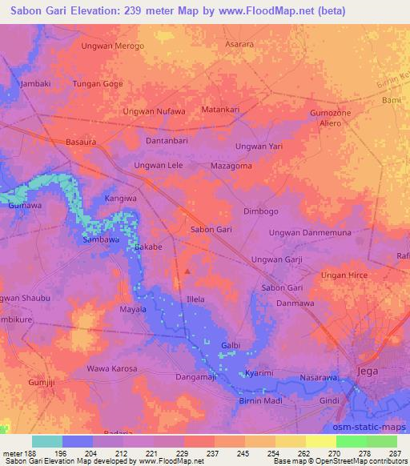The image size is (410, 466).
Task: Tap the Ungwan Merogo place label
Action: point(113,46)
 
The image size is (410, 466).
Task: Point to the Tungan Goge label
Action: point(98,83)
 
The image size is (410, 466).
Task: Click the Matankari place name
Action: point(221,109)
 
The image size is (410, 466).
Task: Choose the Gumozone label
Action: point(331,114)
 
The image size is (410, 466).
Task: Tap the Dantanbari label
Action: point(167,141)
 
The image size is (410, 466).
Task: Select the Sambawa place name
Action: point(101,239)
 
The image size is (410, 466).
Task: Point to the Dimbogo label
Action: point(260,211)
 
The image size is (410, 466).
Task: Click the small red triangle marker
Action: point(187,271)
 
